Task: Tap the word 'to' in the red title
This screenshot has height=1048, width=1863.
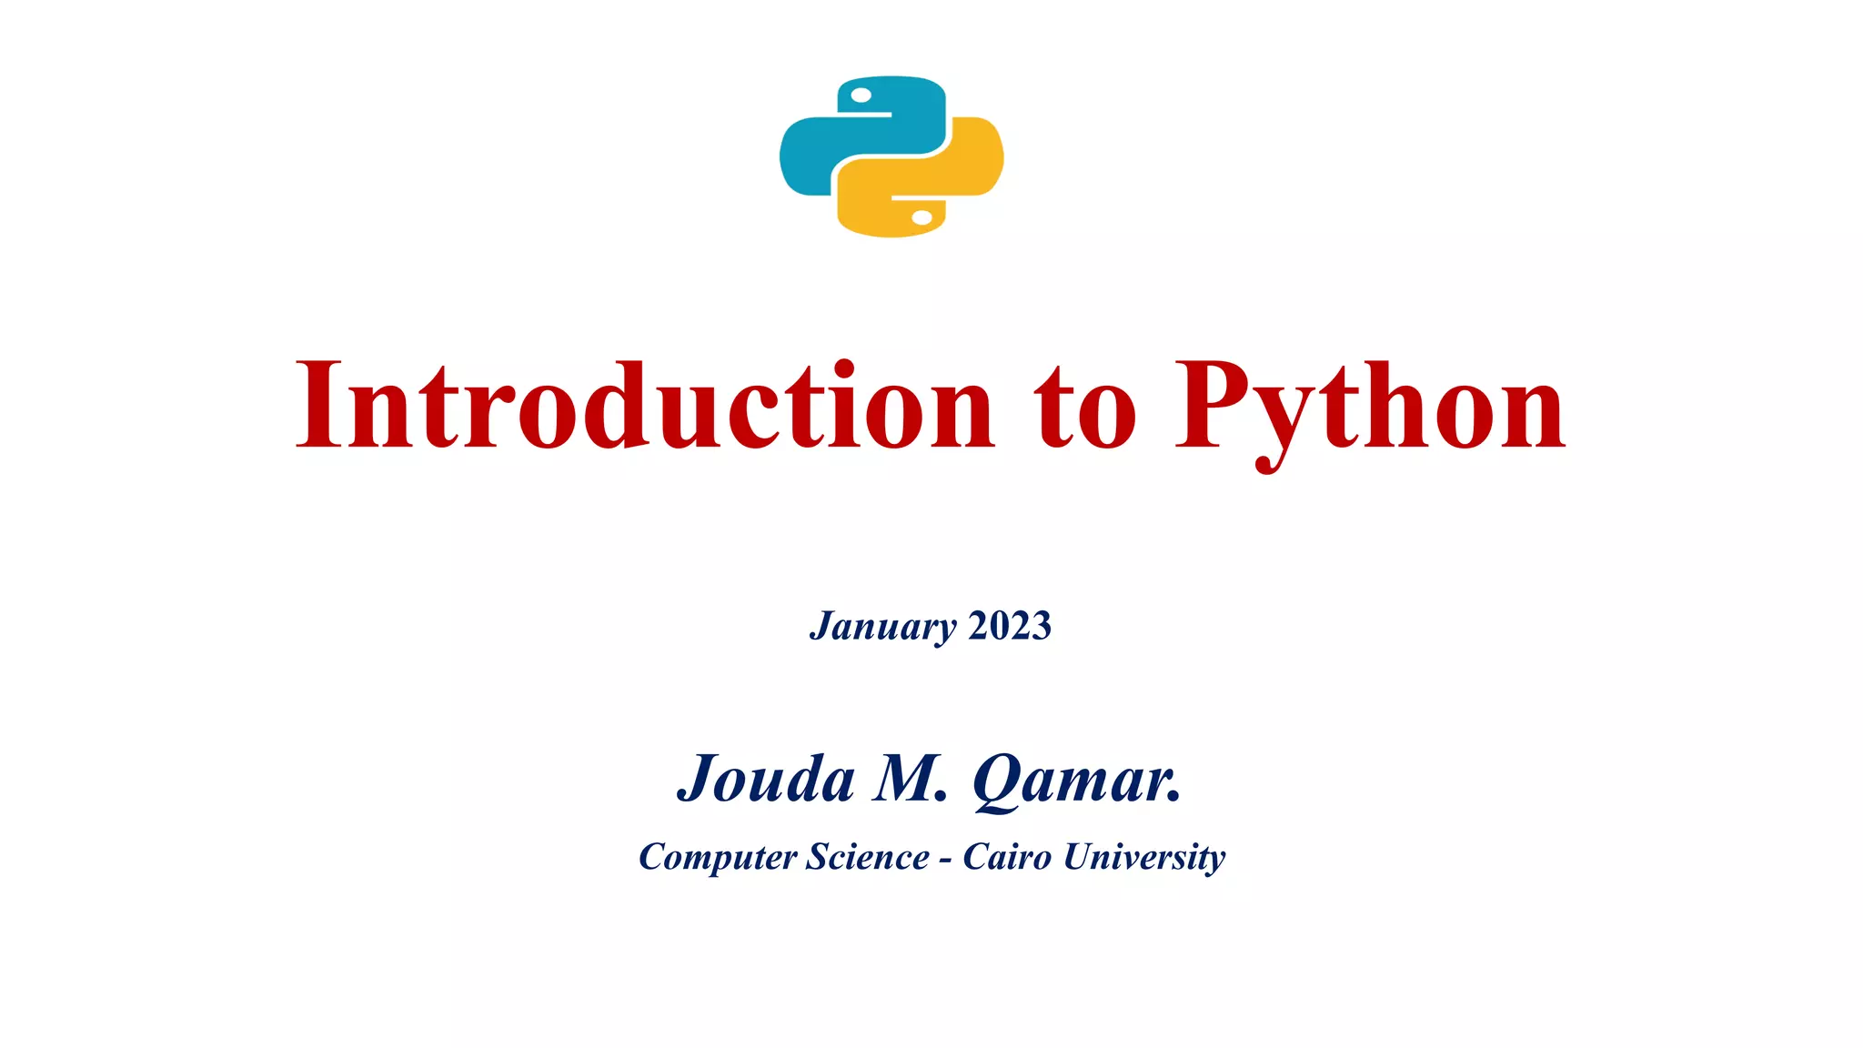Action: coord(1085,408)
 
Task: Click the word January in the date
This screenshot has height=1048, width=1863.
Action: coord(882,626)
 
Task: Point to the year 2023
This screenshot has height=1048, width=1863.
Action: coord(1010,626)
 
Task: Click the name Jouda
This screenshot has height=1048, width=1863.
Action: coord(766,780)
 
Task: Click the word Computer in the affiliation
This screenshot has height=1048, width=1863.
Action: coord(718,857)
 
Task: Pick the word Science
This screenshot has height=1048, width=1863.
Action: coord(868,857)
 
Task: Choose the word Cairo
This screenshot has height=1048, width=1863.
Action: coord(1007,857)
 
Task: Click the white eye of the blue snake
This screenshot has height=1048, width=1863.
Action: coord(861,96)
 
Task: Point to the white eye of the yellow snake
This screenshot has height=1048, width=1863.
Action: coord(921,217)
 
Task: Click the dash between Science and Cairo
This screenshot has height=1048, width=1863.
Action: coord(946,860)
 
